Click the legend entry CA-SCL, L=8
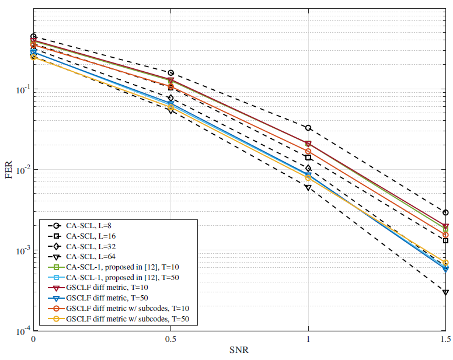pos(93,226)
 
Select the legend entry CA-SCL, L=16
pos(95,236)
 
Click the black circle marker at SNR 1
pos(308,128)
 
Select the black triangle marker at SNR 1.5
pos(445,292)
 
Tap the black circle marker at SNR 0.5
pos(171,73)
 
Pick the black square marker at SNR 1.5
pos(445,240)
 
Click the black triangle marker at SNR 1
pos(308,187)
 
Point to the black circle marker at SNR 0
pos(34,37)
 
